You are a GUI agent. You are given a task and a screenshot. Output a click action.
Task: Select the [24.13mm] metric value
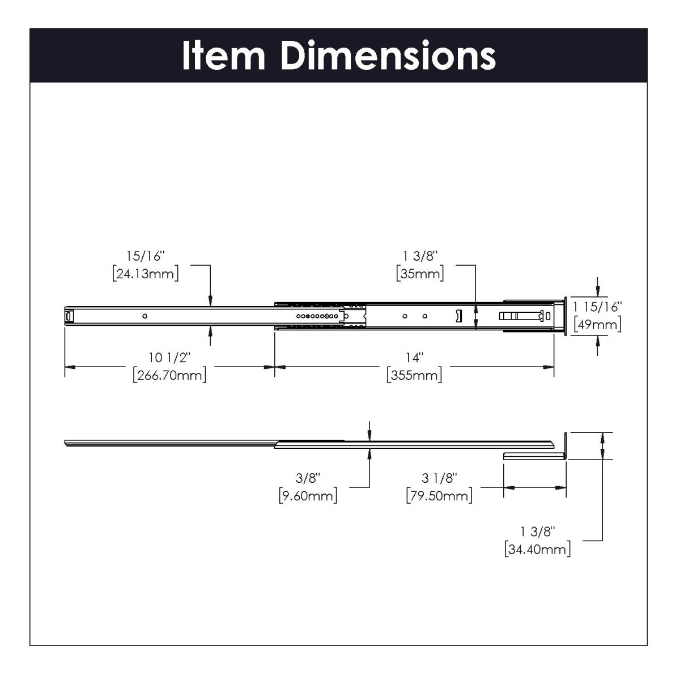pyautogui.click(x=146, y=274)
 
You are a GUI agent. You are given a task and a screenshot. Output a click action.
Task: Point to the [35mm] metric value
pyautogui.click(x=420, y=274)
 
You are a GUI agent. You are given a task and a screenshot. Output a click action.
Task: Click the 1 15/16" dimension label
pyautogui.click(x=597, y=307)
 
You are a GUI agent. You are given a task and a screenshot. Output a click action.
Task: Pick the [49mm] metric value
pyautogui.click(x=597, y=324)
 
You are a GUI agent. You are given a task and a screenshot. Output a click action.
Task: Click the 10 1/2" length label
pyautogui.click(x=170, y=358)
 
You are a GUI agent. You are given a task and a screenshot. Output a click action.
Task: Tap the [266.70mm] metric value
pyautogui.click(x=169, y=375)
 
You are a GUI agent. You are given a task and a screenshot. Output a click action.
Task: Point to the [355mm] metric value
pyautogui.click(x=414, y=375)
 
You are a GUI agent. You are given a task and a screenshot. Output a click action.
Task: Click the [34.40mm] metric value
pyautogui.click(x=537, y=549)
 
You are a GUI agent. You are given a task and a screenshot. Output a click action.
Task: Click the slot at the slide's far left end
pyautogui.click(x=69, y=316)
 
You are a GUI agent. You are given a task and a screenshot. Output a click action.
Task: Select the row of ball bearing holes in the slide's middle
pyautogui.click(x=317, y=316)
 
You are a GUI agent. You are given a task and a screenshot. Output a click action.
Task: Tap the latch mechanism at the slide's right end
pyautogui.click(x=524, y=316)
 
